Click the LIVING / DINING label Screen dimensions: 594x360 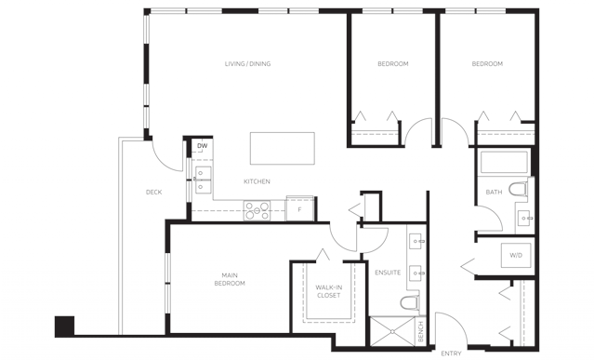pos(247,63)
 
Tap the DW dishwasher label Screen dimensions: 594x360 pos(203,146)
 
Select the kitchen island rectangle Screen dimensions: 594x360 pos(283,148)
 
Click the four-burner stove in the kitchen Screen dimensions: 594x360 pos(257,210)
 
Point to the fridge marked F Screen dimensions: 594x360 pos(299,208)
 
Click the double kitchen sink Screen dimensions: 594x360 pos(203,180)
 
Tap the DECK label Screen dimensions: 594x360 pos(153,193)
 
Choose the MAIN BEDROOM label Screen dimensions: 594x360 pos(230,279)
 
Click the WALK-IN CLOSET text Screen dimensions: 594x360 pos(328,291)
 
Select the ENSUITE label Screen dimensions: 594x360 pos(388,273)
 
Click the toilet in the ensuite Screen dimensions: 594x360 pos(410,302)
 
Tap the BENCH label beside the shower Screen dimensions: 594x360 pos(420,331)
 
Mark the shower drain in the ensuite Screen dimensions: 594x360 pos(392,331)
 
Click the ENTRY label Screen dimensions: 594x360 pos(451,353)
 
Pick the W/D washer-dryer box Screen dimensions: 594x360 pos(516,256)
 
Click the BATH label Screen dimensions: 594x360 pos(494,193)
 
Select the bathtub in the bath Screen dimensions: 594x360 pos(504,162)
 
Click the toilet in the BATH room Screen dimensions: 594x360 pos(518,189)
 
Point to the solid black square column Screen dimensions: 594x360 pos(64,327)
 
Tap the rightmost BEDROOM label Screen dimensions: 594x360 pos(487,63)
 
